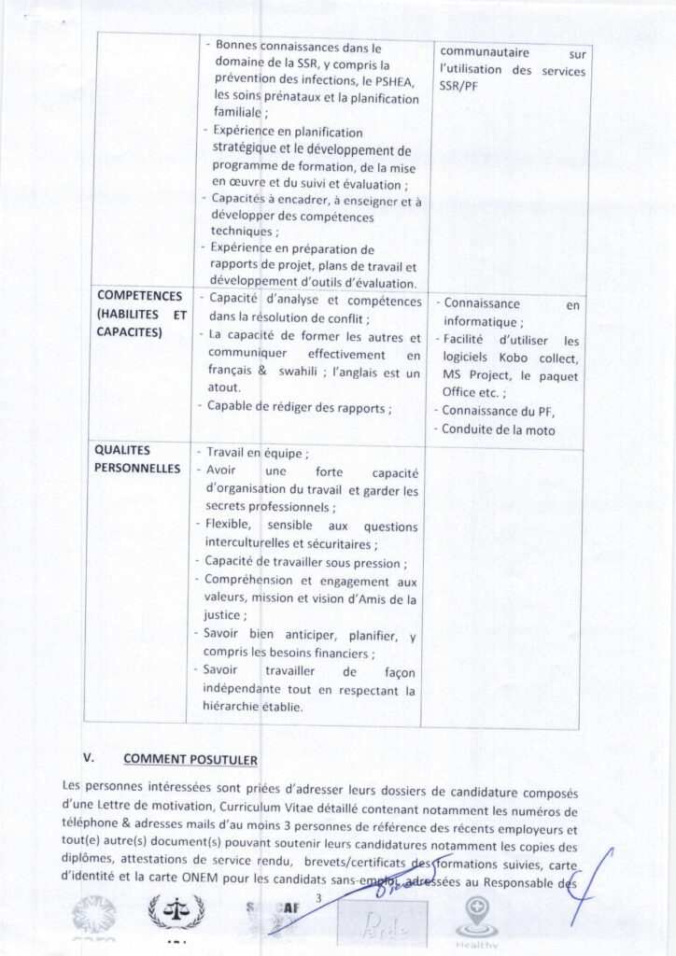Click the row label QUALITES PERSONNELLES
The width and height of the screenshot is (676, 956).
[137, 458]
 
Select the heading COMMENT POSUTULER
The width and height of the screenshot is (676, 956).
[190, 759]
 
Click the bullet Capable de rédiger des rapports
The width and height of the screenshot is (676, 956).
[299, 406]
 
